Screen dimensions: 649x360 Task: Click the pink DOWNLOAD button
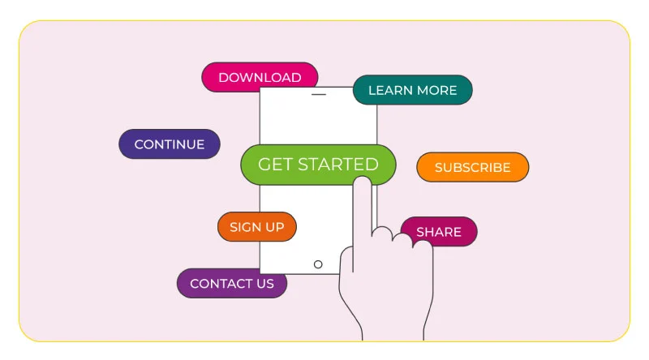(260, 76)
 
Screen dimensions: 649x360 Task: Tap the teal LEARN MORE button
(413, 90)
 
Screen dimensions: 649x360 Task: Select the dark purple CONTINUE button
(170, 144)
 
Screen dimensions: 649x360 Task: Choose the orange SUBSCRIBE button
(473, 167)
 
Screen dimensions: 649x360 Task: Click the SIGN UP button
(257, 227)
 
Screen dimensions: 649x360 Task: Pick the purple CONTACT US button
(232, 284)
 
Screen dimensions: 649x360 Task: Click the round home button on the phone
(318, 264)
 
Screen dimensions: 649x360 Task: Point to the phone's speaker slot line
(319, 94)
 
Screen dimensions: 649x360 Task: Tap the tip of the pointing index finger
(363, 177)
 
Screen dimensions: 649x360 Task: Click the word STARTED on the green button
(338, 165)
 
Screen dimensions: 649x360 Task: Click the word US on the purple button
(265, 284)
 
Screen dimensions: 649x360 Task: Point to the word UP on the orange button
(275, 227)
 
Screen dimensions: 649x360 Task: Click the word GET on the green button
(275, 165)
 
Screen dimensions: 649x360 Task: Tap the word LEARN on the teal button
(390, 90)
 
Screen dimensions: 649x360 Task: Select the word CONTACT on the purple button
(221, 284)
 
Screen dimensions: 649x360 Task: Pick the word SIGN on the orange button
(246, 227)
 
